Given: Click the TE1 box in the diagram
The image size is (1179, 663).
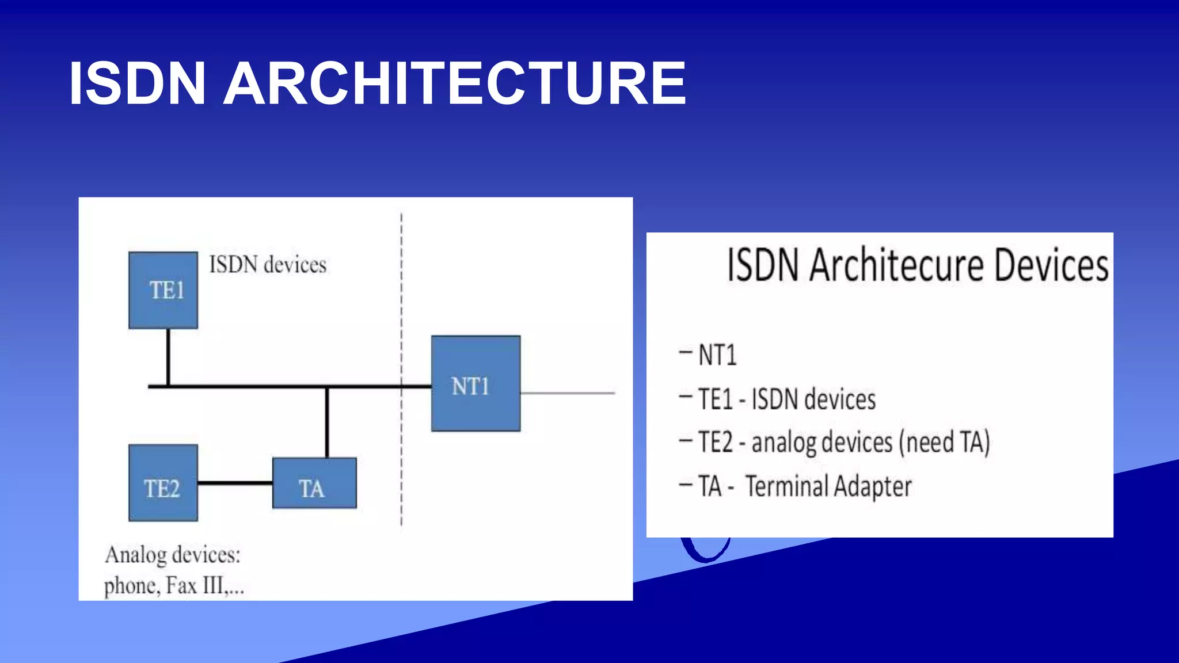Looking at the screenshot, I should (163, 291).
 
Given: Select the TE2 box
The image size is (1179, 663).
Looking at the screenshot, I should (163, 483).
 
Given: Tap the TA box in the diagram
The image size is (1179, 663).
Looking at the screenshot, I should (314, 483).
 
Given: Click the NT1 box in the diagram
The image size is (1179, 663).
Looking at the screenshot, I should (476, 384).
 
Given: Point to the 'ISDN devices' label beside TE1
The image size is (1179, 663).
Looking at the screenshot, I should (268, 265).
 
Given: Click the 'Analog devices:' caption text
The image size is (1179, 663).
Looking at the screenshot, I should (173, 555).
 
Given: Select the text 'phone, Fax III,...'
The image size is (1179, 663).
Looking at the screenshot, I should (174, 586).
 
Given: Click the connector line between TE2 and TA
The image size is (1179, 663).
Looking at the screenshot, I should (235, 483).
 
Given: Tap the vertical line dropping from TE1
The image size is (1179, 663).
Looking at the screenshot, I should (168, 357).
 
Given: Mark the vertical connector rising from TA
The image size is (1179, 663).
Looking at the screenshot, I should (327, 423).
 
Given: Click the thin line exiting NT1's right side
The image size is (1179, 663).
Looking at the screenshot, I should (567, 393).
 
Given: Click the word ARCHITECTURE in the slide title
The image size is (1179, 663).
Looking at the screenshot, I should (455, 84).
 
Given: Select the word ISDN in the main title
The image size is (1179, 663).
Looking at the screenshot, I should (137, 84).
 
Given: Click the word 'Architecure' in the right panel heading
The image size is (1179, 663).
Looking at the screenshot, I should (896, 265).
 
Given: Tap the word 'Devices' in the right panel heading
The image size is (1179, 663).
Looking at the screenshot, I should (1051, 265).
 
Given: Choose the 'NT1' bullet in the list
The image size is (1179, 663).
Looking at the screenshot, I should (717, 355).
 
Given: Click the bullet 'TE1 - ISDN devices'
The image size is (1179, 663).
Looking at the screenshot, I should (786, 399).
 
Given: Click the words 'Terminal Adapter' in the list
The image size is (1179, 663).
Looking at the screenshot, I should (828, 486).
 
